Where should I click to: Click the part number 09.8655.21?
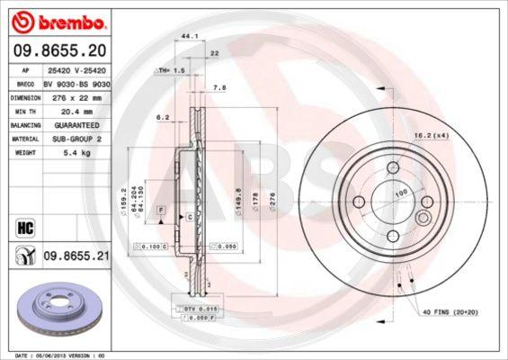[x=76, y=256]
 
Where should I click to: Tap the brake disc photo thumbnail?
[x=58, y=308]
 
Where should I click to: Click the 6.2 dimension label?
[x=163, y=117]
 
